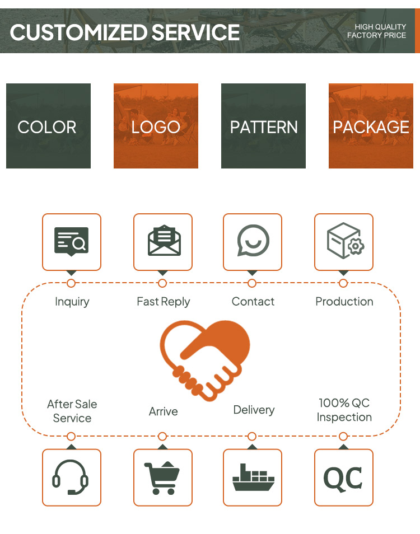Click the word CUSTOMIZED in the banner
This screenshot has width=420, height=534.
pyautogui.click(x=79, y=32)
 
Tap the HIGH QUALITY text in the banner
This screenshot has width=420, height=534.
pyautogui.click(x=380, y=26)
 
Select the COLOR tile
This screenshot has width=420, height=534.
pyautogui.click(x=48, y=126)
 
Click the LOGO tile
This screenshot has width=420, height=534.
pyautogui.click(x=156, y=126)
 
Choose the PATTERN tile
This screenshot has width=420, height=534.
pyautogui.click(x=263, y=126)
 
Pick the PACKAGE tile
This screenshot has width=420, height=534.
pyautogui.click(x=371, y=126)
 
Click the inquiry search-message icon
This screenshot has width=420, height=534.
pyautogui.click(x=72, y=241)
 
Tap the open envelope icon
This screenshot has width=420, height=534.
pyautogui.click(x=164, y=240)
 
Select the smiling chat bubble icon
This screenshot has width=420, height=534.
pyautogui.click(x=253, y=240)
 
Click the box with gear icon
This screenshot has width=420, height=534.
pyautogui.click(x=345, y=241)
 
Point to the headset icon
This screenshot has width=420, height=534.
pyautogui.click(x=71, y=477)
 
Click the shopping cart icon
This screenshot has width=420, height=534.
pyautogui.click(x=162, y=477)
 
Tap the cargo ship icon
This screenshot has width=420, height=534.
pyautogui.click(x=253, y=477)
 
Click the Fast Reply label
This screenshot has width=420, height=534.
pyautogui.click(x=163, y=302)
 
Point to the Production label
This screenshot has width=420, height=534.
pyautogui.click(x=344, y=301)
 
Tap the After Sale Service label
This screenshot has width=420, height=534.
pyautogui.click(x=72, y=411)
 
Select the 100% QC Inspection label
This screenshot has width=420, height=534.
pyautogui.click(x=344, y=410)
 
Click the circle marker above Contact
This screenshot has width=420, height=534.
pyautogui.click(x=252, y=283)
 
